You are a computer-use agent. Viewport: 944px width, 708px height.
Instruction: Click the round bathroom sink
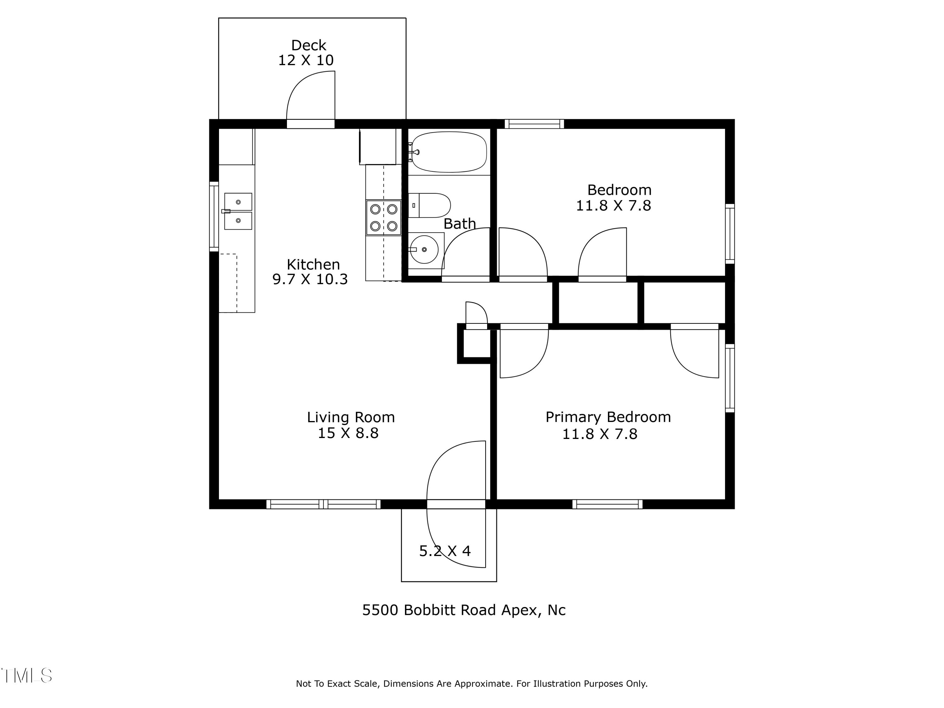(424, 250)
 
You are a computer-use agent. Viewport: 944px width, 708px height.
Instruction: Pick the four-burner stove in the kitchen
(384, 218)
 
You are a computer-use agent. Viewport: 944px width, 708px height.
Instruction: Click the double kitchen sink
(238, 211)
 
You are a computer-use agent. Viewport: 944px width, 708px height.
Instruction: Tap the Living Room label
(351, 417)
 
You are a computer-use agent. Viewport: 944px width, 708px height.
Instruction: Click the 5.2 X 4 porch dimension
(445, 551)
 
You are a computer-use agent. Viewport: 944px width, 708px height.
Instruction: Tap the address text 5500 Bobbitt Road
(464, 610)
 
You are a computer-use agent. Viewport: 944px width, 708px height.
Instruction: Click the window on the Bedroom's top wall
(534, 124)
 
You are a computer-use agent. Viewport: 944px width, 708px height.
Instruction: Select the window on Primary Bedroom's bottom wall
(607, 504)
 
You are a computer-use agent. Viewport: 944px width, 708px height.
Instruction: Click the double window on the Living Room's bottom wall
(323, 504)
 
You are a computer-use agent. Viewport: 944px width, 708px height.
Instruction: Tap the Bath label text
(460, 224)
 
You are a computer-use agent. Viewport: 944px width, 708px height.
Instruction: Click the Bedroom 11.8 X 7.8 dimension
(613, 206)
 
